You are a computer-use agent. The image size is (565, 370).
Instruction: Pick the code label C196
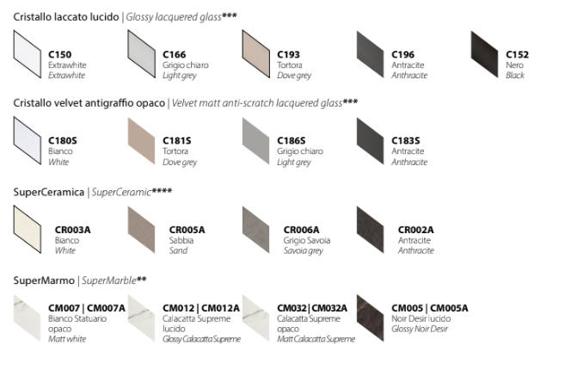tap(402, 54)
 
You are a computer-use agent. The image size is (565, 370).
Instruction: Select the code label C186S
tap(292, 140)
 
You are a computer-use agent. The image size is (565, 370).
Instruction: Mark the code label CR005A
tap(187, 230)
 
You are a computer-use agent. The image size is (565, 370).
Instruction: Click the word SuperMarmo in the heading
tap(43, 281)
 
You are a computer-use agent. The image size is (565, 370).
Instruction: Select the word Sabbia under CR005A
tap(181, 240)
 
